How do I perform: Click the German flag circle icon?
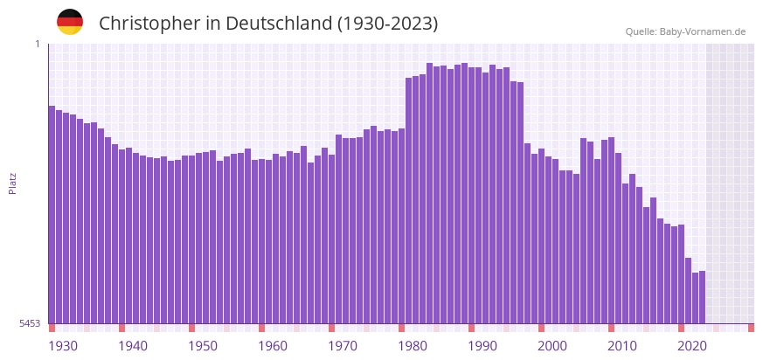tap(70, 23)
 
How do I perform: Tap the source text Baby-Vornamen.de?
tap(703, 31)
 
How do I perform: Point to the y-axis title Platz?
tap(12, 183)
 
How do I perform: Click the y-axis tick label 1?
tap(38, 44)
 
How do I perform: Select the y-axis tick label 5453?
tap(30, 323)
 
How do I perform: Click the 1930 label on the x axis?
tap(63, 346)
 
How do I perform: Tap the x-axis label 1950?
tap(203, 346)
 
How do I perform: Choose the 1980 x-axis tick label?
tap(413, 346)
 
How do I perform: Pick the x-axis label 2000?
tap(552, 346)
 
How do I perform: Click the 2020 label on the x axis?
tap(692, 346)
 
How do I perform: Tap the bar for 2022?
tap(702, 297)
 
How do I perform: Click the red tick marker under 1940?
tap(122, 328)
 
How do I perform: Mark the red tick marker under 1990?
tap(472, 328)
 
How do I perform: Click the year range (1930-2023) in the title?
tap(387, 24)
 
